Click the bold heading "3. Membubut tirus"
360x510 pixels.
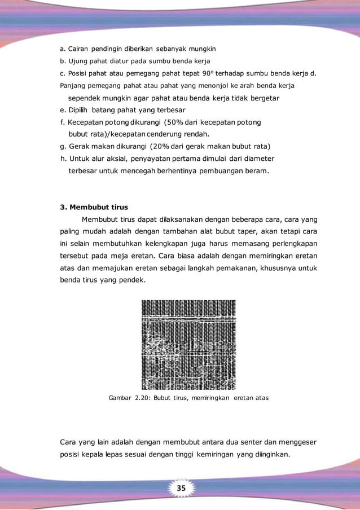(x=94, y=206)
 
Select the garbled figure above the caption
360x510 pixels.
(x=188, y=345)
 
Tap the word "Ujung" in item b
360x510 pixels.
(x=79, y=61)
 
